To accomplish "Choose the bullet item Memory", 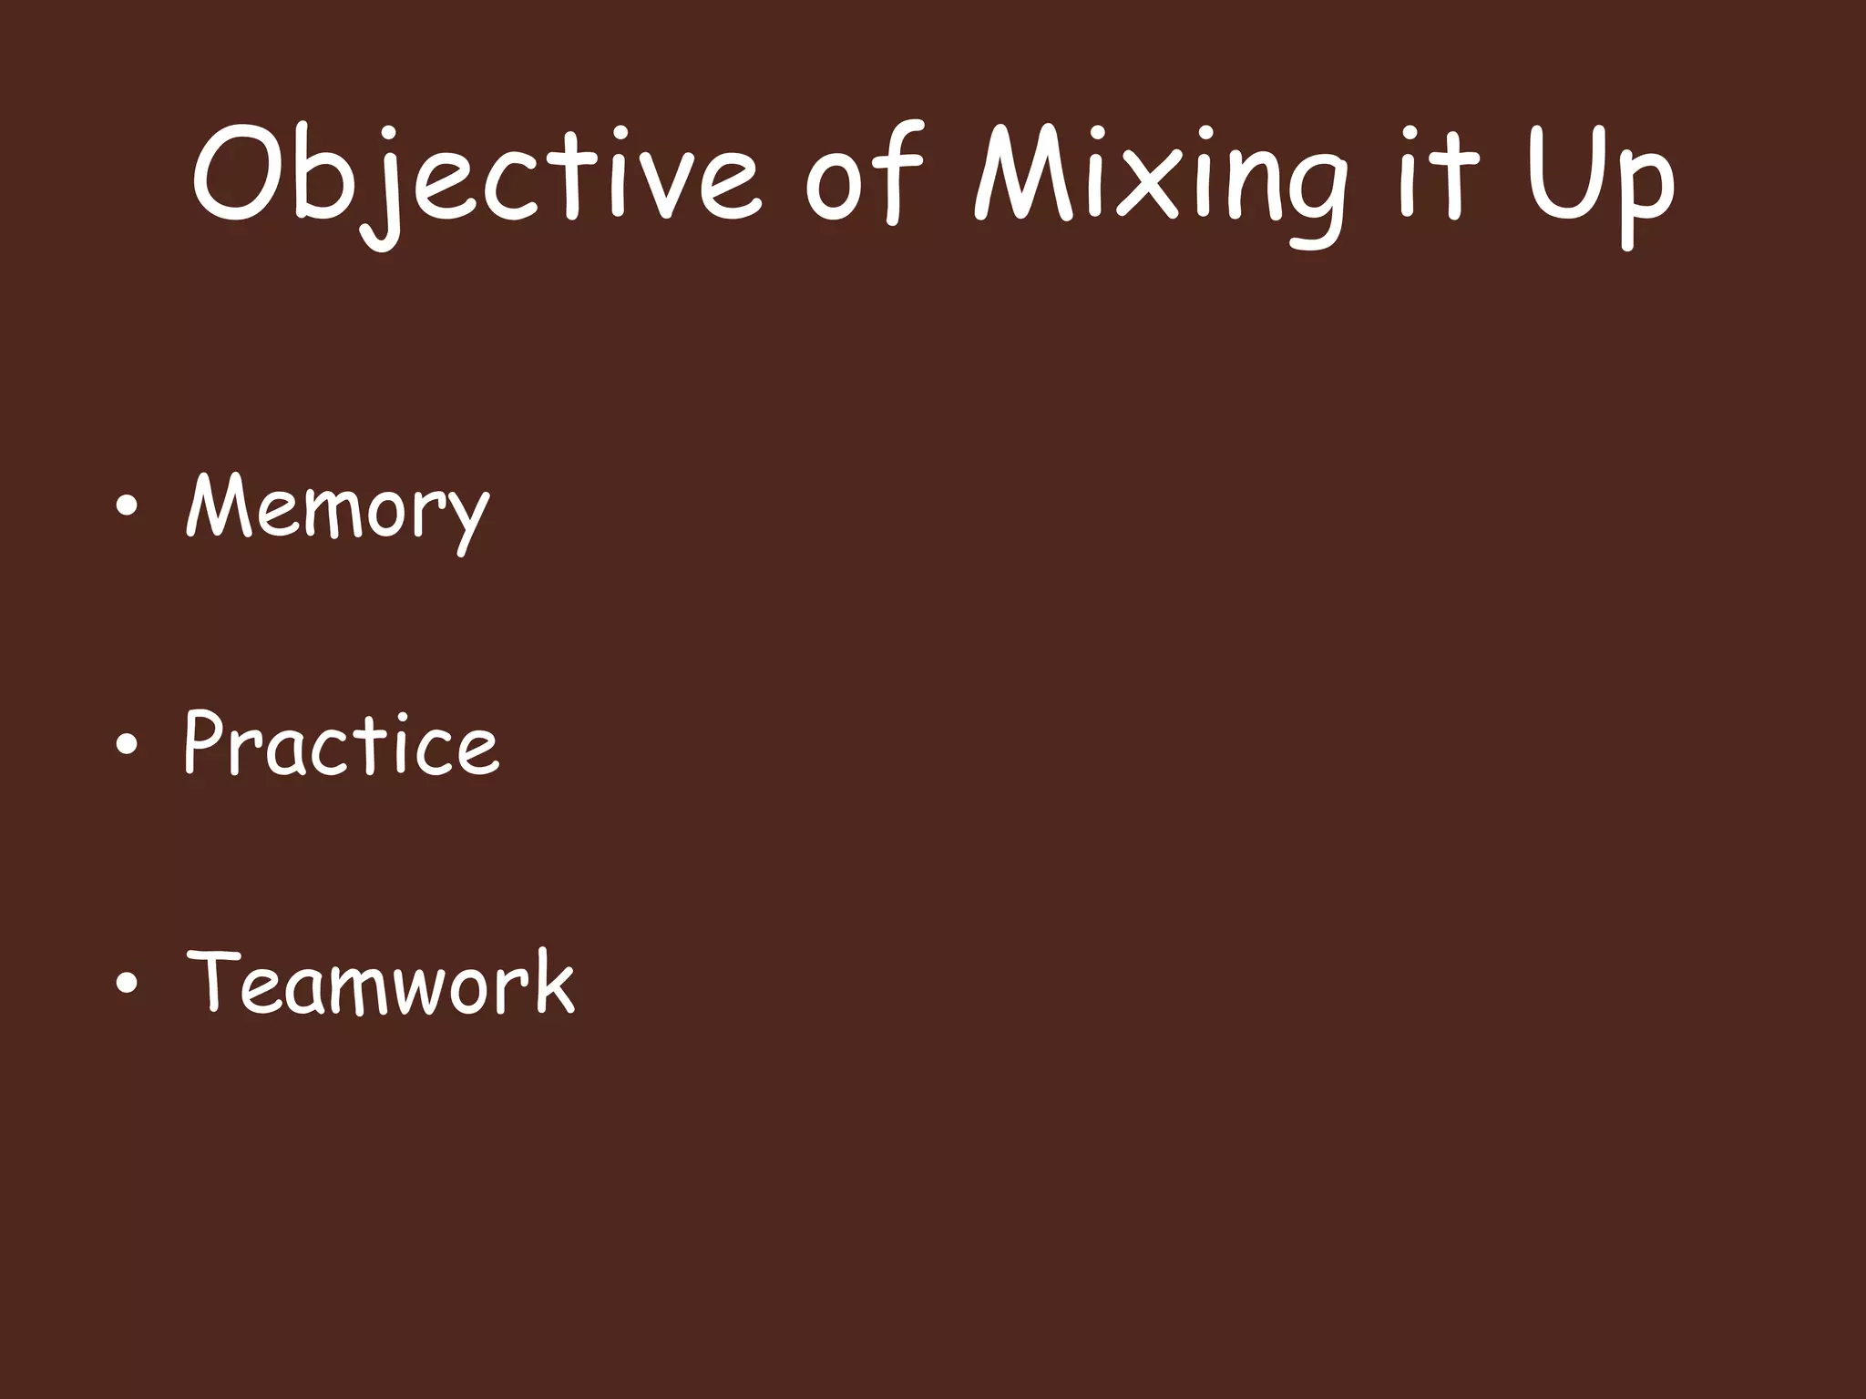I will pyautogui.click(x=338, y=508).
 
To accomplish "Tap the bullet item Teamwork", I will pyautogui.click(x=381, y=982).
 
